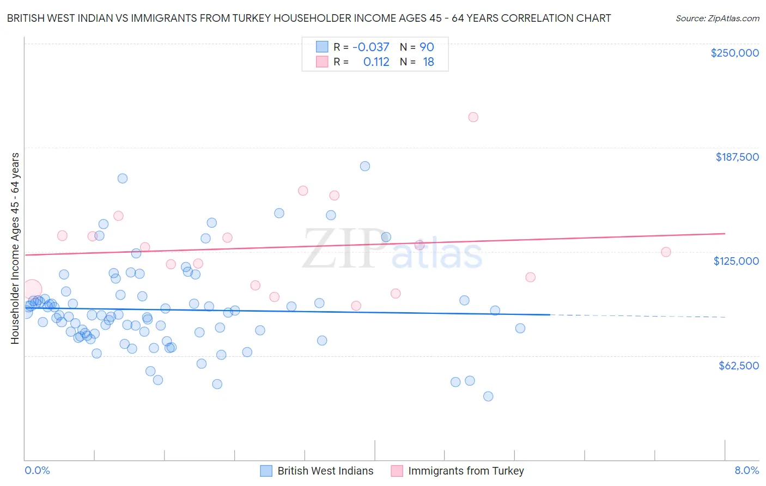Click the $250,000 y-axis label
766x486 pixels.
[x=734, y=53]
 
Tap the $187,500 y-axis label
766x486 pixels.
[x=737, y=157]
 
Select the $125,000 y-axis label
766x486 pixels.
[x=736, y=261]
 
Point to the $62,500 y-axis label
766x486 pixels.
[x=738, y=366]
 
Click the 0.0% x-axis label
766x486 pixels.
[x=37, y=470]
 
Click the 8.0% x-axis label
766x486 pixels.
[x=746, y=470]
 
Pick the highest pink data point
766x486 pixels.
[x=473, y=117]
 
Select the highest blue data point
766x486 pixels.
[x=365, y=166]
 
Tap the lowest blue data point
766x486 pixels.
[x=488, y=396]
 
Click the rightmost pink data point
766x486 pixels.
[x=666, y=252]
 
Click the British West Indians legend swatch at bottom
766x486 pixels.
[x=266, y=471]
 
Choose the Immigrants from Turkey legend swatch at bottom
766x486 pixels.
[x=397, y=471]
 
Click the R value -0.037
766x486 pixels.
[x=370, y=47]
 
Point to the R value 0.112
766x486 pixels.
[x=376, y=62]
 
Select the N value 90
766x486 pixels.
[x=427, y=47]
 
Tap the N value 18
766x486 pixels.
[x=428, y=62]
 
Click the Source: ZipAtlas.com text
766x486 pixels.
[x=717, y=18]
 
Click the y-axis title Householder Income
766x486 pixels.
[x=15, y=248]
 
